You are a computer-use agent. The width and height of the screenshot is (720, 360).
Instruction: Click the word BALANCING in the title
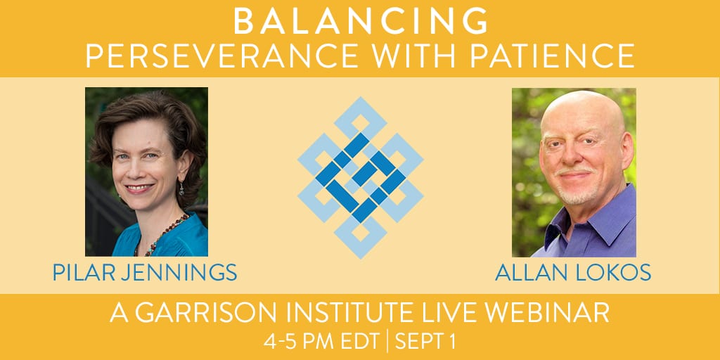[x=361, y=21]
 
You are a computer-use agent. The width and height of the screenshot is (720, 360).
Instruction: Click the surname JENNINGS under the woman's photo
[x=174, y=272]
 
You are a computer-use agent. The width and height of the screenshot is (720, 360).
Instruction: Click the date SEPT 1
[x=425, y=342]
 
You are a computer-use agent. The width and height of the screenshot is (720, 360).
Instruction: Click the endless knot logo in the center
[x=361, y=178]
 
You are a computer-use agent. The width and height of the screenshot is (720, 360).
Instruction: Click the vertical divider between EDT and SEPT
[x=387, y=342]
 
